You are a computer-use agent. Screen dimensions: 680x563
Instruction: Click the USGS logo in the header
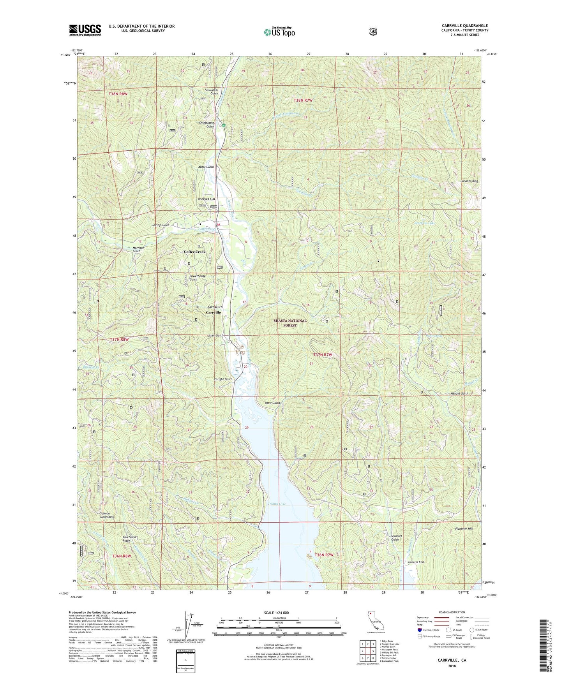pos(85,30)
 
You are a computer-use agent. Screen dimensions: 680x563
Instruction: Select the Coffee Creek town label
pos(194,252)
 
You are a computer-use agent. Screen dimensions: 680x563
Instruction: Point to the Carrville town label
pos(213,312)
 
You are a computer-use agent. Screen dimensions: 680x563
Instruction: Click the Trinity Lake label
pos(277,504)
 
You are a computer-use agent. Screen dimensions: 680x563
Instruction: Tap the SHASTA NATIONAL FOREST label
pos(290,323)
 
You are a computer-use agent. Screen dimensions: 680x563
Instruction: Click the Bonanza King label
pos(469,181)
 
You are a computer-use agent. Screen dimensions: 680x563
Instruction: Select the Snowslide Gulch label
pos(212,92)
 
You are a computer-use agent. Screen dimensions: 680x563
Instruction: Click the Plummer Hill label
pos(464,528)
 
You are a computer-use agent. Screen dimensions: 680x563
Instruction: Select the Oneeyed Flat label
pos(206,199)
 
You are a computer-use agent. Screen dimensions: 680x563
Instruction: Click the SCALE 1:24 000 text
pos(276,613)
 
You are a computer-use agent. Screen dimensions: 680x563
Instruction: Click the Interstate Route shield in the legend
pos(419,629)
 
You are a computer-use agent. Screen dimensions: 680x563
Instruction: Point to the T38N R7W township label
pos(303,100)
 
